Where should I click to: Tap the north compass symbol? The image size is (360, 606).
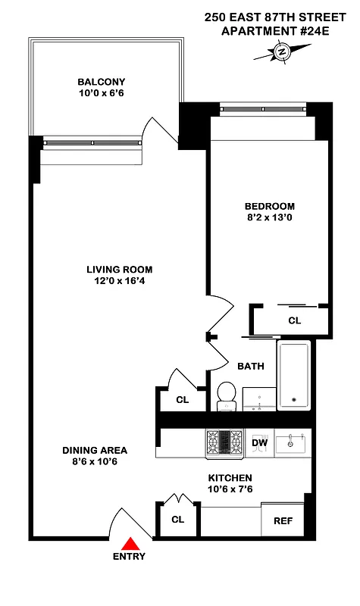click(x=281, y=52)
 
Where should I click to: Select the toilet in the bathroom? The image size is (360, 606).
click(x=226, y=395)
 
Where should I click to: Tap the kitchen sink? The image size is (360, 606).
click(x=290, y=442)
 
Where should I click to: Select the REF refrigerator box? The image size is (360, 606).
click(x=282, y=521)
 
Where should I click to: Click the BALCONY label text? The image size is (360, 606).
click(x=101, y=82)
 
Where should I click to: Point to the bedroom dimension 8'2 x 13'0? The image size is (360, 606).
click(x=269, y=218)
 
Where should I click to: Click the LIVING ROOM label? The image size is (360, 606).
click(x=119, y=270)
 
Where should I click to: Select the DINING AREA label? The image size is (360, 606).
click(x=95, y=450)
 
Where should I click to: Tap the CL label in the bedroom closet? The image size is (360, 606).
click(x=294, y=321)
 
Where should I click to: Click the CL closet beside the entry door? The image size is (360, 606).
click(x=177, y=520)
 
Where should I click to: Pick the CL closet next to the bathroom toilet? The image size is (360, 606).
click(x=182, y=399)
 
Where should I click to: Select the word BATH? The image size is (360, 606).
click(x=251, y=367)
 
